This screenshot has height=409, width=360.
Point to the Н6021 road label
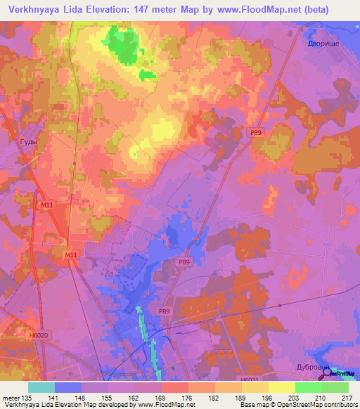point(250,379)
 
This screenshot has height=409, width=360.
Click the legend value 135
point(27,397)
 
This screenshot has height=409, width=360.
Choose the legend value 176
point(188,397)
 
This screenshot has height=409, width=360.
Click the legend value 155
point(108,397)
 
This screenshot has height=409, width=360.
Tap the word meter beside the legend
point(10,397)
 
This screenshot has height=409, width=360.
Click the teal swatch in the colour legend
point(41,387)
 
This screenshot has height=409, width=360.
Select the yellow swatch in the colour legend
point(282,387)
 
